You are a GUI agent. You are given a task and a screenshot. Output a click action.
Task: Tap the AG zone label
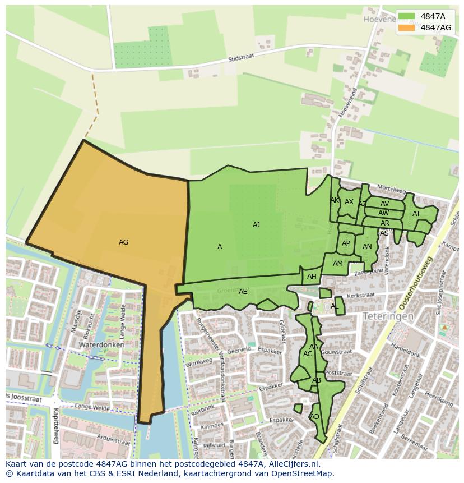click(124, 242)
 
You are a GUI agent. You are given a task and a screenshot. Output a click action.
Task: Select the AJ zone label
click(256, 225)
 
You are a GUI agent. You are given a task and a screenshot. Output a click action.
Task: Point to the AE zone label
click(243, 292)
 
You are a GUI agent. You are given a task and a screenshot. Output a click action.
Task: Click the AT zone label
click(416, 214)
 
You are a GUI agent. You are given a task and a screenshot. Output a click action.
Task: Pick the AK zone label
click(335, 200)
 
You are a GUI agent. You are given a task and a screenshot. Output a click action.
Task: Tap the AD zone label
click(314, 417)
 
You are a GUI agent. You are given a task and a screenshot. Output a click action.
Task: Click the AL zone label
click(335, 306)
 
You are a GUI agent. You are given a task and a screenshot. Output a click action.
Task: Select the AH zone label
click(312, 277)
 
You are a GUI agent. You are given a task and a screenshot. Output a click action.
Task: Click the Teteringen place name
click(388, 316)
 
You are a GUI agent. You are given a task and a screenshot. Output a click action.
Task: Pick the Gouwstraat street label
click(338, 352)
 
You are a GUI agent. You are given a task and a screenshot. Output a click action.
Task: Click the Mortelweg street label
click(391, 187)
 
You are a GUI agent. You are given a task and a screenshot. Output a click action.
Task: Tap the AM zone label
click(338, 264)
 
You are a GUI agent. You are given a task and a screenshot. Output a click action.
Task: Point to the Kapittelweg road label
click(55, 425)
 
